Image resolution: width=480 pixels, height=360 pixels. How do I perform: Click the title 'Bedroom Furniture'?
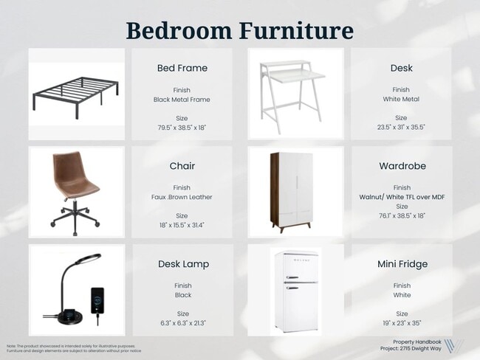239,30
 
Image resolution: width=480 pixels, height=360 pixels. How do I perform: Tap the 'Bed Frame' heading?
182,68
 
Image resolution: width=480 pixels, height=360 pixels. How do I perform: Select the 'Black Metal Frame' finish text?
182,99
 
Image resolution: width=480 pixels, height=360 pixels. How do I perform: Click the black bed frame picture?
76,94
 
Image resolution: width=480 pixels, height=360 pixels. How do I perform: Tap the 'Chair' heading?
182,166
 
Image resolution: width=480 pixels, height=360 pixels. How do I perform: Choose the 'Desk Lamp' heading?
182,263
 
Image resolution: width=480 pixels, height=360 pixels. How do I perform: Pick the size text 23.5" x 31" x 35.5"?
400,127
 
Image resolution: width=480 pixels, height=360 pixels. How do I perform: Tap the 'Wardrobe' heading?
400,166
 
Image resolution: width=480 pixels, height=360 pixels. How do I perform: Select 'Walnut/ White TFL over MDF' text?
401,197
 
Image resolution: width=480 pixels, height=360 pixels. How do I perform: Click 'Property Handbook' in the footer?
416,342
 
